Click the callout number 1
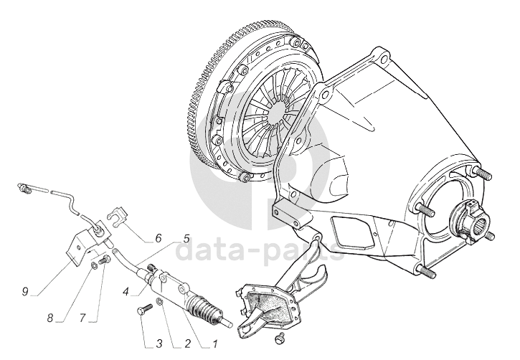214,344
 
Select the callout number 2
187,344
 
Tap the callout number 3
159,344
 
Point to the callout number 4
126,292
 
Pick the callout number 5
186,238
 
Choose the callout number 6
159,237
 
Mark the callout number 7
82,318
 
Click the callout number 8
50,318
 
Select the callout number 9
25,292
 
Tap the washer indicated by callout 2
159,301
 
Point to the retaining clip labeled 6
118,216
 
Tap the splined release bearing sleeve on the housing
468,219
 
